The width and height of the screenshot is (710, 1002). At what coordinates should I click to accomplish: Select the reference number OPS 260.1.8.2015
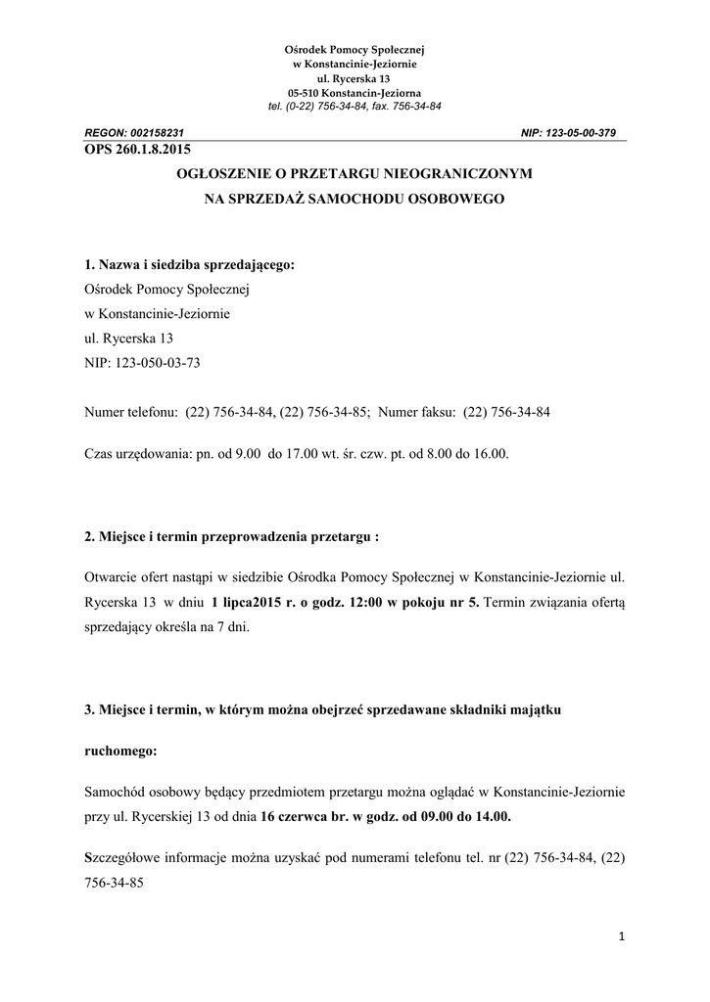137,150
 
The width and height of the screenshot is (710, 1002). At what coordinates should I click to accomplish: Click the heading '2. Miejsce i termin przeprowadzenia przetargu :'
231,537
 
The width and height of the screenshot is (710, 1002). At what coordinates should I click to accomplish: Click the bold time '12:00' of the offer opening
367,602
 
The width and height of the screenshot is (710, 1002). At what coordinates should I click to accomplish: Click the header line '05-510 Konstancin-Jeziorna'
355,91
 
